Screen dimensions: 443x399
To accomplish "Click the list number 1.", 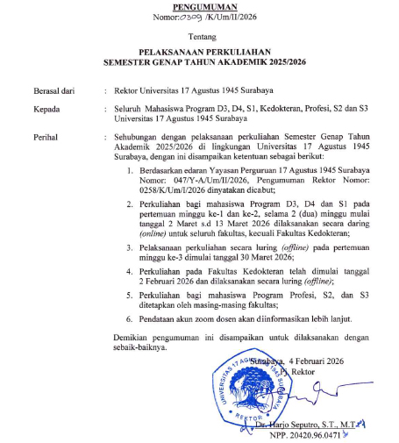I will (129, 169).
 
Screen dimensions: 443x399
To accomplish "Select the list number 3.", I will (129, 248).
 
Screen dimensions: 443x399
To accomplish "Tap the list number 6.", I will (129, 321).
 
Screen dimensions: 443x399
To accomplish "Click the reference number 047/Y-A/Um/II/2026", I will (194, 179).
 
